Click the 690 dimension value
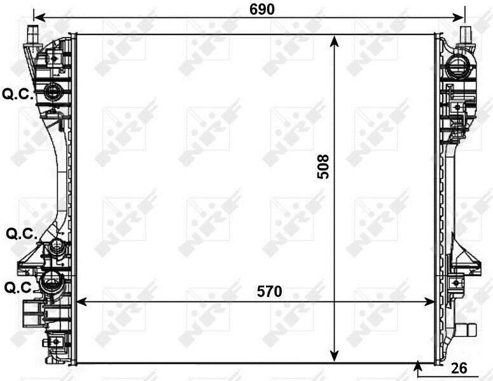pyautogui.click(x=262, y=10)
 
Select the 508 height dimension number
pyautogui.click(x=323, y=167)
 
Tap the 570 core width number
pyautogui.click(x=270, y=291)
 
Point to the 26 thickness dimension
pyautogui.click(x=459, y=368)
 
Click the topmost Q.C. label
pyautogui.click(x=18, y=94)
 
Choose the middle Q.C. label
pyautogui.click(x=22, y=233)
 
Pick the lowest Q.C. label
pyautogui.click(x=20, y=287)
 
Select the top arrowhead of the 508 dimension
pyautogui.click(x=335, y=41)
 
